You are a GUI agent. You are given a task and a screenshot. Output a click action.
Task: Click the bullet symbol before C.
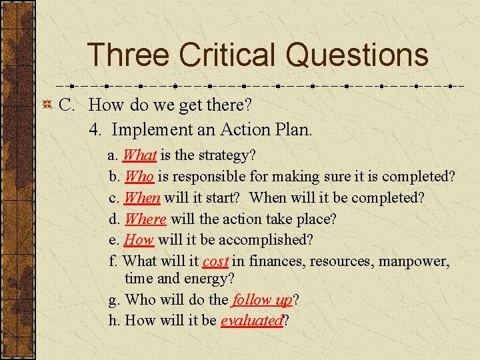point(47,105)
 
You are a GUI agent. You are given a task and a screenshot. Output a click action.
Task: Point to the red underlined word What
point(139,155)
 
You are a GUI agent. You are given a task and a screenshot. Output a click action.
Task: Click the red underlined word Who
point(139,177)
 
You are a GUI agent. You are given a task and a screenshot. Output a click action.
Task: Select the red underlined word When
point(142,198)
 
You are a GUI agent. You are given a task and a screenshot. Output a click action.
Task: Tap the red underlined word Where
point(145,219)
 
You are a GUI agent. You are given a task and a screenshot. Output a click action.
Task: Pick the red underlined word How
point(139,239)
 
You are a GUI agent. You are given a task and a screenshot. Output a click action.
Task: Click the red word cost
point(215,261)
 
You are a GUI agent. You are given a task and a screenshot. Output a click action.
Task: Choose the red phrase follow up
point(262,299)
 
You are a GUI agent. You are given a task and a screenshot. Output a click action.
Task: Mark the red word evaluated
point(251,321)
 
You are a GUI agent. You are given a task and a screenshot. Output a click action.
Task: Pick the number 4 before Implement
point(95,129)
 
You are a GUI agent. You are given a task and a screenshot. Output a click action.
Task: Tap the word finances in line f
point(276,261)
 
